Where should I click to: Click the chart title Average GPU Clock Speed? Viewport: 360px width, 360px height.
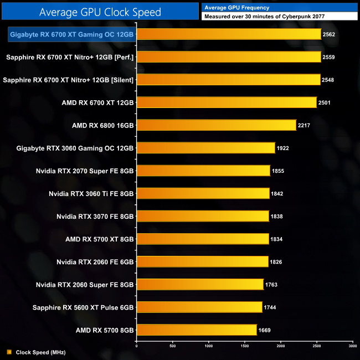coord(100,12)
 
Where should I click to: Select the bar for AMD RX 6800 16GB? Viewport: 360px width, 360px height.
coord(216,125)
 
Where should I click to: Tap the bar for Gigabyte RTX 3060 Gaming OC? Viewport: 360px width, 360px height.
coord(205,148)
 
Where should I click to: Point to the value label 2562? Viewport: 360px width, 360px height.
coord(329,34)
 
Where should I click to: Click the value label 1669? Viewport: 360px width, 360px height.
coord(264,330)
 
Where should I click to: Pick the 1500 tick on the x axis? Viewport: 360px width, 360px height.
coord(244,346)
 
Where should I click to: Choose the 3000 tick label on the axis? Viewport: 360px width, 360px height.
coord(352,346)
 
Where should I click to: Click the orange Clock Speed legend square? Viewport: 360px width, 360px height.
coord(9,352)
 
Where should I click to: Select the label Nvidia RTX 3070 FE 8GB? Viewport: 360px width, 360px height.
coord(95,216)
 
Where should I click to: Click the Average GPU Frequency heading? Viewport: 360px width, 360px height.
coord(236,8)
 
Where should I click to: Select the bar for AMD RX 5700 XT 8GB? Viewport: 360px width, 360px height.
coord(202,239)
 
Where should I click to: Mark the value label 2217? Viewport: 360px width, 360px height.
coord(304,125)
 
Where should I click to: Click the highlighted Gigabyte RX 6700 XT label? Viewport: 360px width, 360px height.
coord(72,34)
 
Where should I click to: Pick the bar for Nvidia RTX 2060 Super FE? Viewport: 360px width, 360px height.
coord(200,284)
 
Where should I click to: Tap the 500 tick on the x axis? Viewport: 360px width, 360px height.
coord(172,346)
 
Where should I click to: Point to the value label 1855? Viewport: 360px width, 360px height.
coord(278,171)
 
